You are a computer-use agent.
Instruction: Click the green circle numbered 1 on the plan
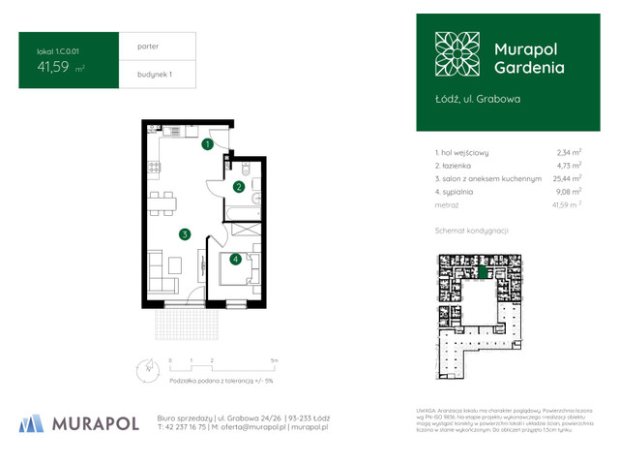[208, 145]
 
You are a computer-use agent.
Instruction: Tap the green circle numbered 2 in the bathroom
[238, 187]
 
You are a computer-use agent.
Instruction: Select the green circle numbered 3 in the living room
[184, 233]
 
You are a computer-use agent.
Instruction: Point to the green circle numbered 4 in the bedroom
[235, 259]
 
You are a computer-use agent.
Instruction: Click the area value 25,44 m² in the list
[567, 179]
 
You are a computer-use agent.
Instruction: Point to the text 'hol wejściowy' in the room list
[465, 152]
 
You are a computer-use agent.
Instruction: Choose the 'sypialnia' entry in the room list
[461, 193]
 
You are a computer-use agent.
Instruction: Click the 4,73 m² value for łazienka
[569, 166]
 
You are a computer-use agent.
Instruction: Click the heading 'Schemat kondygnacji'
[473, 231]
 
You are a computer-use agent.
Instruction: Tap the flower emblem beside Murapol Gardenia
[457, 52]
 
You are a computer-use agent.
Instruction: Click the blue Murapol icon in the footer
[32, 423]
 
